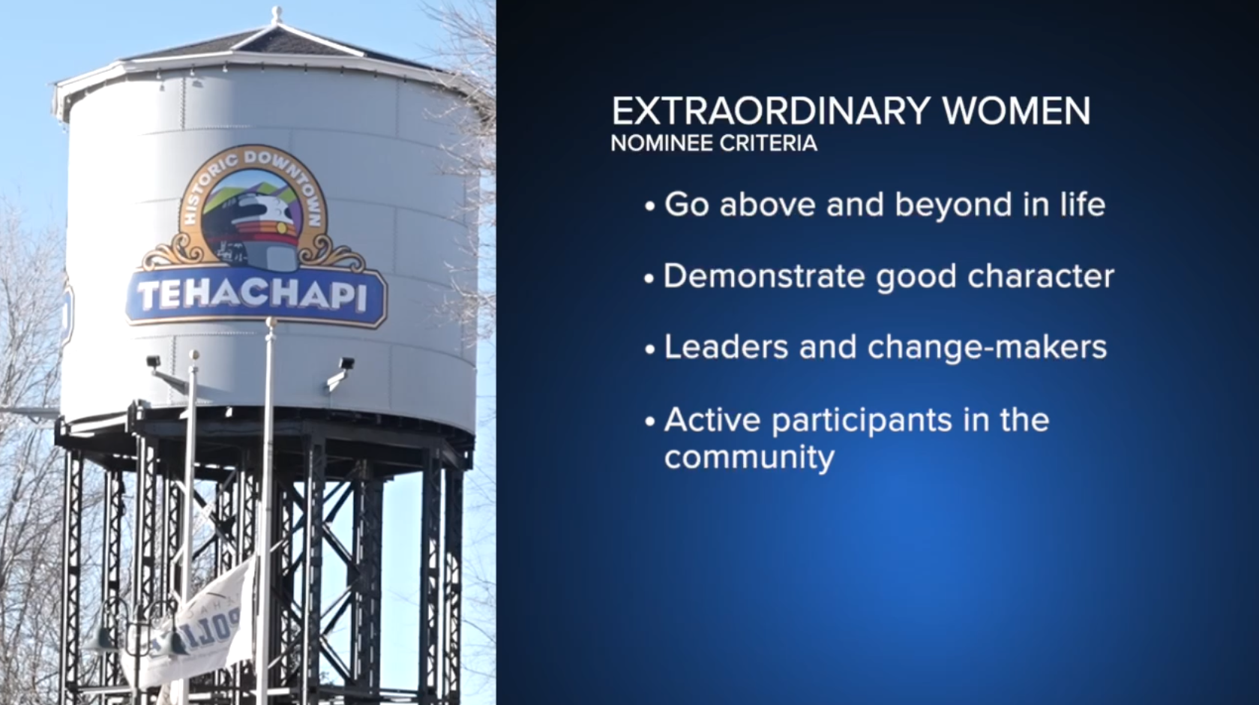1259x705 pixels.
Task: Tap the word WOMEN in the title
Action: click(x=1016, y=111)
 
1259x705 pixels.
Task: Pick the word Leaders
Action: click(x=726, y=347)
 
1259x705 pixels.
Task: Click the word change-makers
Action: click(x=987, y=347)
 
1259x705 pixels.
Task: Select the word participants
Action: click(x=862, y=421)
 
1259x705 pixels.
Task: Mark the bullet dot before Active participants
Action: click(x=650, y=421)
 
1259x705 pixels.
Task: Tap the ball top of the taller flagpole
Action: click(x=271, y=322)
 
